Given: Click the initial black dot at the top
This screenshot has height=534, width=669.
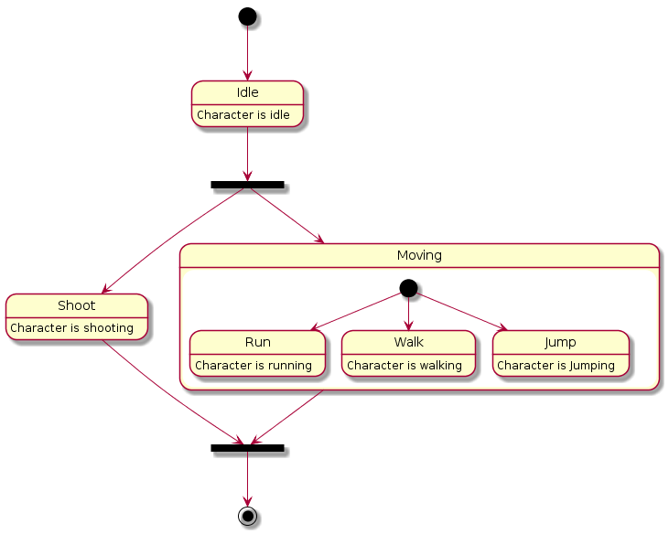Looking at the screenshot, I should [247, 16].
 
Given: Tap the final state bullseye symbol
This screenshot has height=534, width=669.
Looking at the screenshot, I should [247, 516].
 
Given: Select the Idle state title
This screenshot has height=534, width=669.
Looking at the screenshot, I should [247, 92].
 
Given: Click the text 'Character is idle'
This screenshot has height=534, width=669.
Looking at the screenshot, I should [243, 115].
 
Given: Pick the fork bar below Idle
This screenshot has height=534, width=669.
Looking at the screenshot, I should [247, 185].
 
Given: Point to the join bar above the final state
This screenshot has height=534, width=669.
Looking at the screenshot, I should [247, 448].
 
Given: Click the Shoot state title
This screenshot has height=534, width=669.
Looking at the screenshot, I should [77, 305].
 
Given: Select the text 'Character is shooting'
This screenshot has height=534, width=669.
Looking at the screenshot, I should [72, 328].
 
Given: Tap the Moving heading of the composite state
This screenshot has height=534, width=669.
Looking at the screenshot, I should [419, 254].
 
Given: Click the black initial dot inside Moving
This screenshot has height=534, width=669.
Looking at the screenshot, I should [408, 288].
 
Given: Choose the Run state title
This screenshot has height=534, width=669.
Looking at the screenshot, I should [257, 342].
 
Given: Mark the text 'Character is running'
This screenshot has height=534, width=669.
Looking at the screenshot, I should [254, 365].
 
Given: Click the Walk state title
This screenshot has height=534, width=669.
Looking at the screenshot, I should [408, 342].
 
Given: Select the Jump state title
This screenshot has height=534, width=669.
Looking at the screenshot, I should [560, 342].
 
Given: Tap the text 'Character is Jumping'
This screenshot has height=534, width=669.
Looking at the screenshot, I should [556, 365].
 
